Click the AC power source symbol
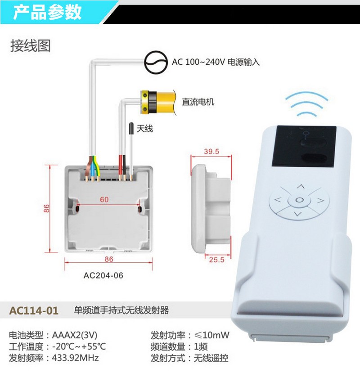[156, 63]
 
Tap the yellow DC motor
[158, 102]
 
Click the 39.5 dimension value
[211, 152]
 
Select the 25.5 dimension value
[216, 260]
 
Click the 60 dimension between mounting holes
[104, 199]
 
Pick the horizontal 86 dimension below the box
[109, 259]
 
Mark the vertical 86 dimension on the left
[46, 208]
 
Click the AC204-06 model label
[103, 275]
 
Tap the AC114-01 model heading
[34, 310]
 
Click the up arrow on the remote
[301, 186]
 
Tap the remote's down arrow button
[297, 214]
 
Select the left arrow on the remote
[278, 200]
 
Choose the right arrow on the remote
[321, 201]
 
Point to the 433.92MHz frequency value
[75, 358]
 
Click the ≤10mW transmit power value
[211, 335]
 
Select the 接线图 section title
[31, 46]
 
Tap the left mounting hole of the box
[77, 209]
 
